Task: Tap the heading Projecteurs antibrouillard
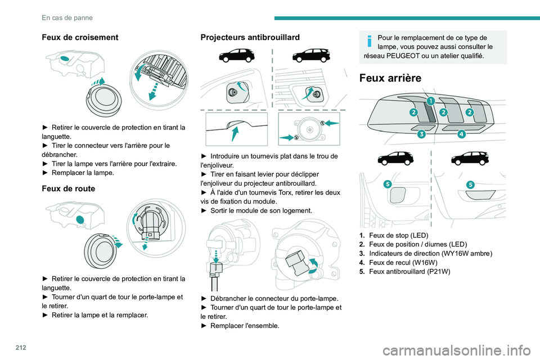coord(250,37)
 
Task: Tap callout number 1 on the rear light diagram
coord(430,101)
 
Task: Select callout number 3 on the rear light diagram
coord(421,134)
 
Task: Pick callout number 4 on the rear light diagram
coord(461,134)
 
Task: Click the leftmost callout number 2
coord(413,112)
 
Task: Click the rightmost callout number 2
coord(470,112)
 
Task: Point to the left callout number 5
coord(388,184)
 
